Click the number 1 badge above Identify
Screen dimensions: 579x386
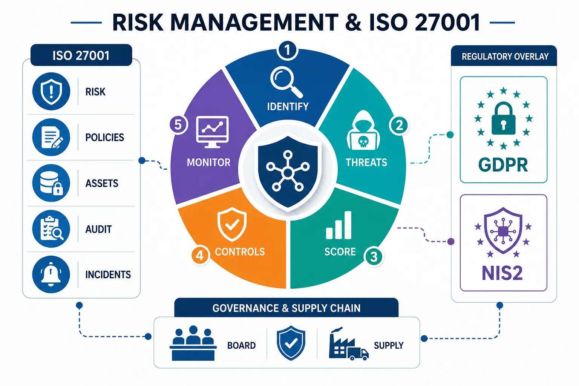coord(287,50)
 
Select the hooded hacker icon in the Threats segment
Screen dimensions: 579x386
coord(363,130)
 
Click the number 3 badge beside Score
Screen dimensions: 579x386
coord(374,257)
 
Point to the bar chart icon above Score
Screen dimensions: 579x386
coord(339,225)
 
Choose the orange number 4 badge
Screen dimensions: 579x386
coord(199,256)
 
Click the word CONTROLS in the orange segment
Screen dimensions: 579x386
coord(240,251)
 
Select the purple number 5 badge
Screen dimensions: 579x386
coord(178,125)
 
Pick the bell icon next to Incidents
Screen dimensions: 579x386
coord(51,274)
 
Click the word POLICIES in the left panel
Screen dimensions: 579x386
coord(105,137)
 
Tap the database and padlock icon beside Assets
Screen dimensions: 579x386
coord(51,183)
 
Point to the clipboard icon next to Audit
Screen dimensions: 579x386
coord(51,229)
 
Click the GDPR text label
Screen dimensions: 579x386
coord(503,165)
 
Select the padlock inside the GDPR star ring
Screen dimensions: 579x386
coord(503,118)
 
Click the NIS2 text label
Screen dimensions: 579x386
coord(502,273)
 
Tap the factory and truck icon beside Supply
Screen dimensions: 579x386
coord(349,344)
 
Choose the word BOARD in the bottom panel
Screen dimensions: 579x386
coord(241,345)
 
